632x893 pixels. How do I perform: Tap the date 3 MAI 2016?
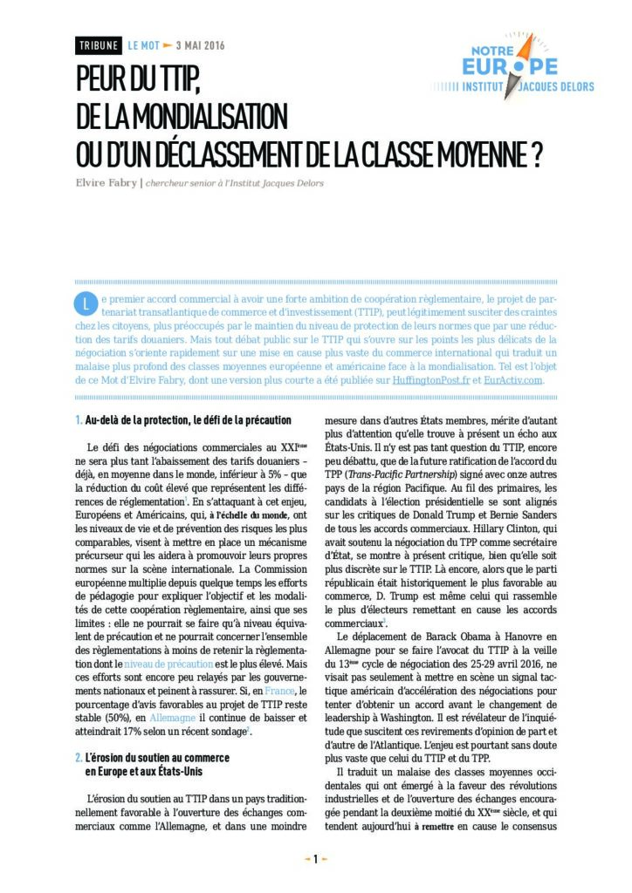200,46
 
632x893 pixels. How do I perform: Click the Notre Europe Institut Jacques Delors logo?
514,68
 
